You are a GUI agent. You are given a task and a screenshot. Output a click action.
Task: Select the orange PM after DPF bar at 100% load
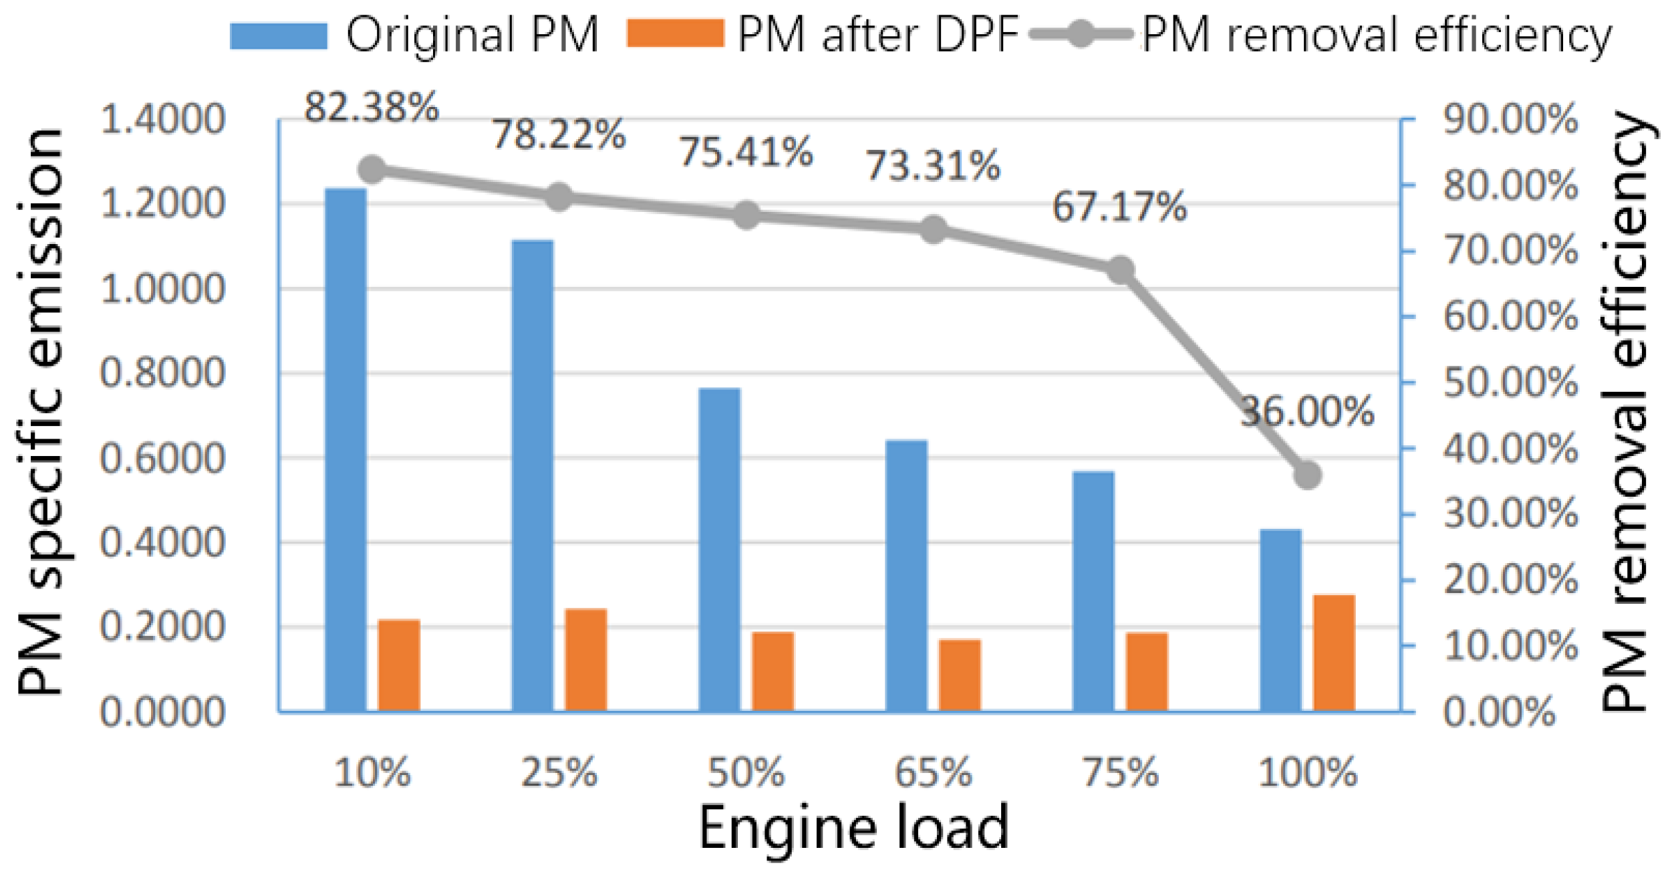(1334, 653)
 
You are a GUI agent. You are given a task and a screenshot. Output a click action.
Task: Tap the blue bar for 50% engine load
(720, 549)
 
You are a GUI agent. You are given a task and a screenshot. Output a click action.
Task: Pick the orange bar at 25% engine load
(586, 659)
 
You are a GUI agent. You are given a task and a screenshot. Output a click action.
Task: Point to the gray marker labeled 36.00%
(1308, 476)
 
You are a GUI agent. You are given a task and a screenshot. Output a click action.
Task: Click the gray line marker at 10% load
(373, 170)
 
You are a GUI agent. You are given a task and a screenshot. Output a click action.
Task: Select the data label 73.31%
(933, 166)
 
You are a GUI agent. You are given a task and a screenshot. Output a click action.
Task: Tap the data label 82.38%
(372, 107)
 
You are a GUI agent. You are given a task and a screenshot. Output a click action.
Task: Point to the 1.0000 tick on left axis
(162, 289)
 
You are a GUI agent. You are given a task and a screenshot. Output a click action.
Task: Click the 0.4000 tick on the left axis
(162, 542)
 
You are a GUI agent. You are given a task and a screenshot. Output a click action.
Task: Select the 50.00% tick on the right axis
(1510, 383)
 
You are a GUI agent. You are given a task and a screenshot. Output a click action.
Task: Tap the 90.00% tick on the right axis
(1510, 120)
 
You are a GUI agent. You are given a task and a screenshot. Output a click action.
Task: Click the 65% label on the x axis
(933, 773)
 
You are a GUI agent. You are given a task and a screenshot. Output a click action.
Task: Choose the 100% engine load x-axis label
(1308, 773)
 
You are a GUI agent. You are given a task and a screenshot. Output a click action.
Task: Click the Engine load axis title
(853, 828)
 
